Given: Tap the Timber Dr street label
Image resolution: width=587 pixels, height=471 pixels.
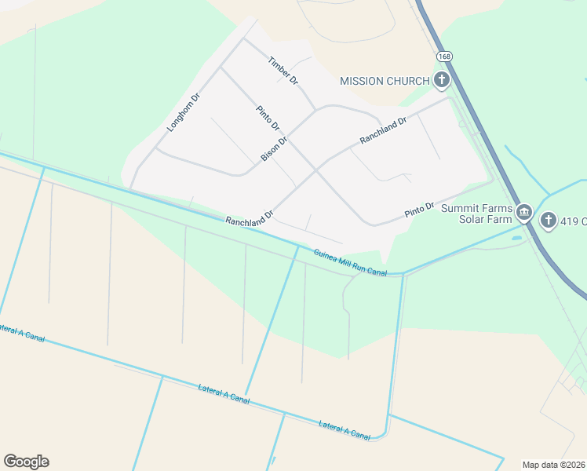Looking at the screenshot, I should pyautogui.click(x=283, y=70).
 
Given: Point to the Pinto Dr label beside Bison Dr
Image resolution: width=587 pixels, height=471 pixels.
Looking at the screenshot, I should pyautogui.click(x=268, y=118).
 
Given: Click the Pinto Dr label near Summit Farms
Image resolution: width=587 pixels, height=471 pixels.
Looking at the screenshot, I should pyautogui.click(x=419, y=210).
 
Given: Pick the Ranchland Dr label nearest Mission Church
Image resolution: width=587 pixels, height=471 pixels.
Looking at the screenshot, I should pyautogui.click(x=383, y=130).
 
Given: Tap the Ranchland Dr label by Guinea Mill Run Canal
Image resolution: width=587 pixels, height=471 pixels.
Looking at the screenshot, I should pyautogui.click(x=249, y=217).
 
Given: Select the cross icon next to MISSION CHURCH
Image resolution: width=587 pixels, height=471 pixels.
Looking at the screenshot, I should pyautogui.click(x=442, y=79).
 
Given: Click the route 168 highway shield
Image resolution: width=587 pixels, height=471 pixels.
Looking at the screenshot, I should pyautogui.click(x=445, y=57).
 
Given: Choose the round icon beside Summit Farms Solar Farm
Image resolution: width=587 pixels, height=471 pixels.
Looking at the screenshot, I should pyautogui.click(x=524, y=212).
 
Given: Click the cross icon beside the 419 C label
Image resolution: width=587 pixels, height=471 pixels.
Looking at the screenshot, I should pyautogui.click(x=548, y=221).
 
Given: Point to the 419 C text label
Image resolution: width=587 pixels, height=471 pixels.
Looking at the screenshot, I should pyautogui.click(x=574, y=221).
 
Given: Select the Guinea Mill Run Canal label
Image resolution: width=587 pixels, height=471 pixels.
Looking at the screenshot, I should pyautogui.click(x=351, y=262).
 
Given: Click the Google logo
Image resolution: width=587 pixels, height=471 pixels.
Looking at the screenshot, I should pyautogui.click(x=26, y=462).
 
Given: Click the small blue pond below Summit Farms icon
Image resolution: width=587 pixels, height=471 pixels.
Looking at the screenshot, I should pyautogui.click(x=517, y=236).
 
